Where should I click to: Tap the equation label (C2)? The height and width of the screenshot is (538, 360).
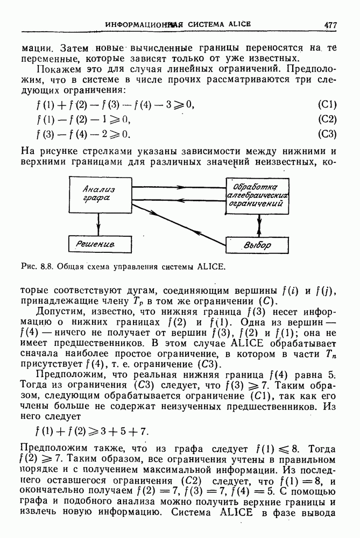pyautogui.click(x=327, y=119)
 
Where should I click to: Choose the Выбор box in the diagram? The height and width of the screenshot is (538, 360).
pyautogui.click(x=258, y=245)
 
